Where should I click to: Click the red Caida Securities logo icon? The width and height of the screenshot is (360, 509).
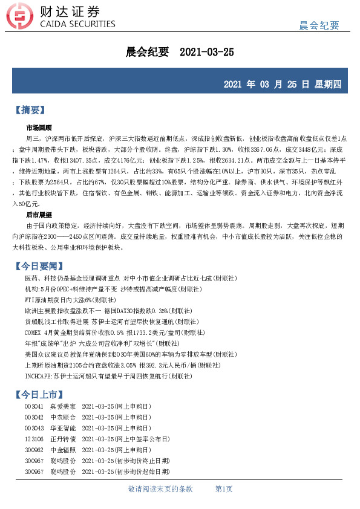coord(21,18)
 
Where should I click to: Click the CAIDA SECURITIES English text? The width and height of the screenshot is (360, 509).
coord(77,24)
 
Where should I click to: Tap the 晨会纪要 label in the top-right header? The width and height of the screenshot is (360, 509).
coord(319,25)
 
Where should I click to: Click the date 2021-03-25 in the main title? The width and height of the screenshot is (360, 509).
coord(207,52)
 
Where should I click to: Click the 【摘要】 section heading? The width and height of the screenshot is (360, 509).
coord(30,111)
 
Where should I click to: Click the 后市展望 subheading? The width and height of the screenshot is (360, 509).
coord(39,215)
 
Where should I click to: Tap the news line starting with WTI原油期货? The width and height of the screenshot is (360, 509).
coord(69,299)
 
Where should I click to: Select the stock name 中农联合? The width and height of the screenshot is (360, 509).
coord(63,417)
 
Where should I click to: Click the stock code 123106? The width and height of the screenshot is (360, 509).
coord(34,438)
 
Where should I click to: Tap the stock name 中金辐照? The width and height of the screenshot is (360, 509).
coord(63,449)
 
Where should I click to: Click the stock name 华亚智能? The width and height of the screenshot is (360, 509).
coord(63,427)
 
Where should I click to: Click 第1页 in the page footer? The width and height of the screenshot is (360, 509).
coord(224,488)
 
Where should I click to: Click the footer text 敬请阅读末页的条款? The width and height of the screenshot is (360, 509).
coord(160,488)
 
